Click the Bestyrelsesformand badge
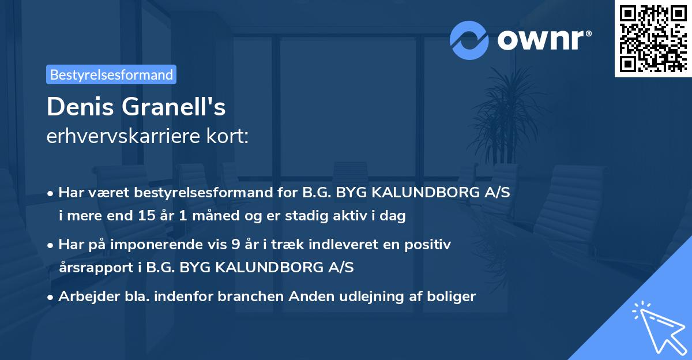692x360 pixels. (x=111, y=74)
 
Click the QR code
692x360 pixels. (x=652, y=38)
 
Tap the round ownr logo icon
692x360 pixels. (x=469, y=40)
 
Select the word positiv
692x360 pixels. (x=430, y=245)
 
